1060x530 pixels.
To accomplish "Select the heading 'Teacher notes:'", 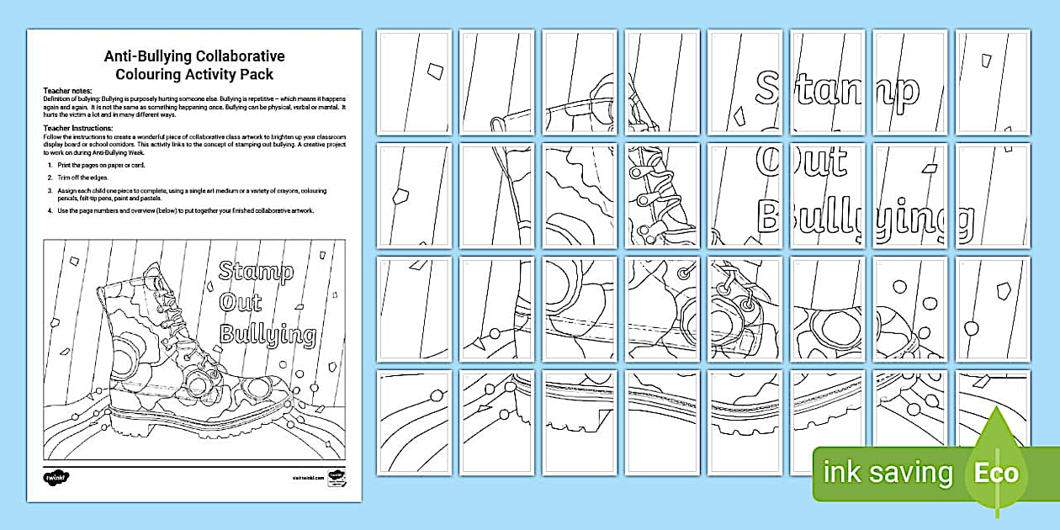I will point(66,89).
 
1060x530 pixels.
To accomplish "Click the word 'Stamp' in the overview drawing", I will point(256,272).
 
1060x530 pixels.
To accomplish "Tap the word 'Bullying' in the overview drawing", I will point(268,336).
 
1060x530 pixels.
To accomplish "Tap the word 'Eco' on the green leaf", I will point(997,472).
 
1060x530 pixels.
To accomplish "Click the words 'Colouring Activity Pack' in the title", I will point(194,74).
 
